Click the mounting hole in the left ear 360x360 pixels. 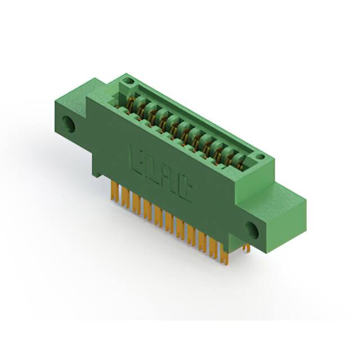(x=70, y=124)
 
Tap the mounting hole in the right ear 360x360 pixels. (x=251, y=229)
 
